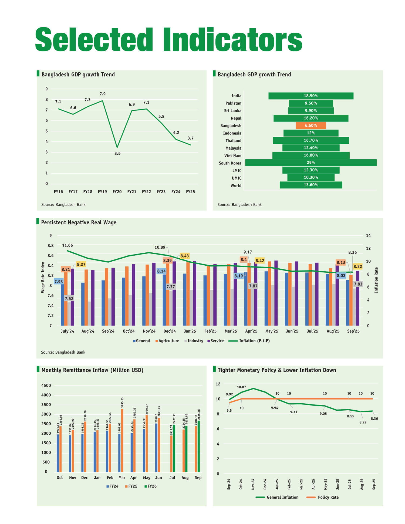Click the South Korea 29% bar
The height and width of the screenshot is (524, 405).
click(310, 163)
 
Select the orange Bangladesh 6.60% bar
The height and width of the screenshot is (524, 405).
click(311, 126)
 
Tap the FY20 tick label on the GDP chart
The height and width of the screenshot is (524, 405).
click(117, 192)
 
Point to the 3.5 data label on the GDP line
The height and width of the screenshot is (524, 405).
click(117, 154)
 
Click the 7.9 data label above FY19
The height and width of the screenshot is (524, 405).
click(103, 94)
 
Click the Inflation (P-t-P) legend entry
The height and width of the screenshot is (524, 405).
click(254, 341)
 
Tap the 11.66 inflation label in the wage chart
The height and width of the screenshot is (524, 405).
click(67, 245)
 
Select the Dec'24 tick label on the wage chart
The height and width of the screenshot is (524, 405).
click(170, 331)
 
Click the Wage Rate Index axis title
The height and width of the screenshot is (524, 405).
click(43, 277)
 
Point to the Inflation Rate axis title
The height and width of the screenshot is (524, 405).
click(376, 280)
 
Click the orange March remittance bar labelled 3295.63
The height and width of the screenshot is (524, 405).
click(122, 440)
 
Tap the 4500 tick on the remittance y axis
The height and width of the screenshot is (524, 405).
click(46, 386)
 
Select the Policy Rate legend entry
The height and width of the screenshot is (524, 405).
click(328, 497)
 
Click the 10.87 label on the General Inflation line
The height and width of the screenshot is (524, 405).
click(241, 387)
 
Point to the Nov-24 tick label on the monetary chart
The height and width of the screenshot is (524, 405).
click(253, 484)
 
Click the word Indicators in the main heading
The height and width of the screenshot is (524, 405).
click(232, 40)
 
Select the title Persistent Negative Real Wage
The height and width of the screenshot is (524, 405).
click(79, 222)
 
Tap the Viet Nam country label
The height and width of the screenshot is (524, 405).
click(233, 156)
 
